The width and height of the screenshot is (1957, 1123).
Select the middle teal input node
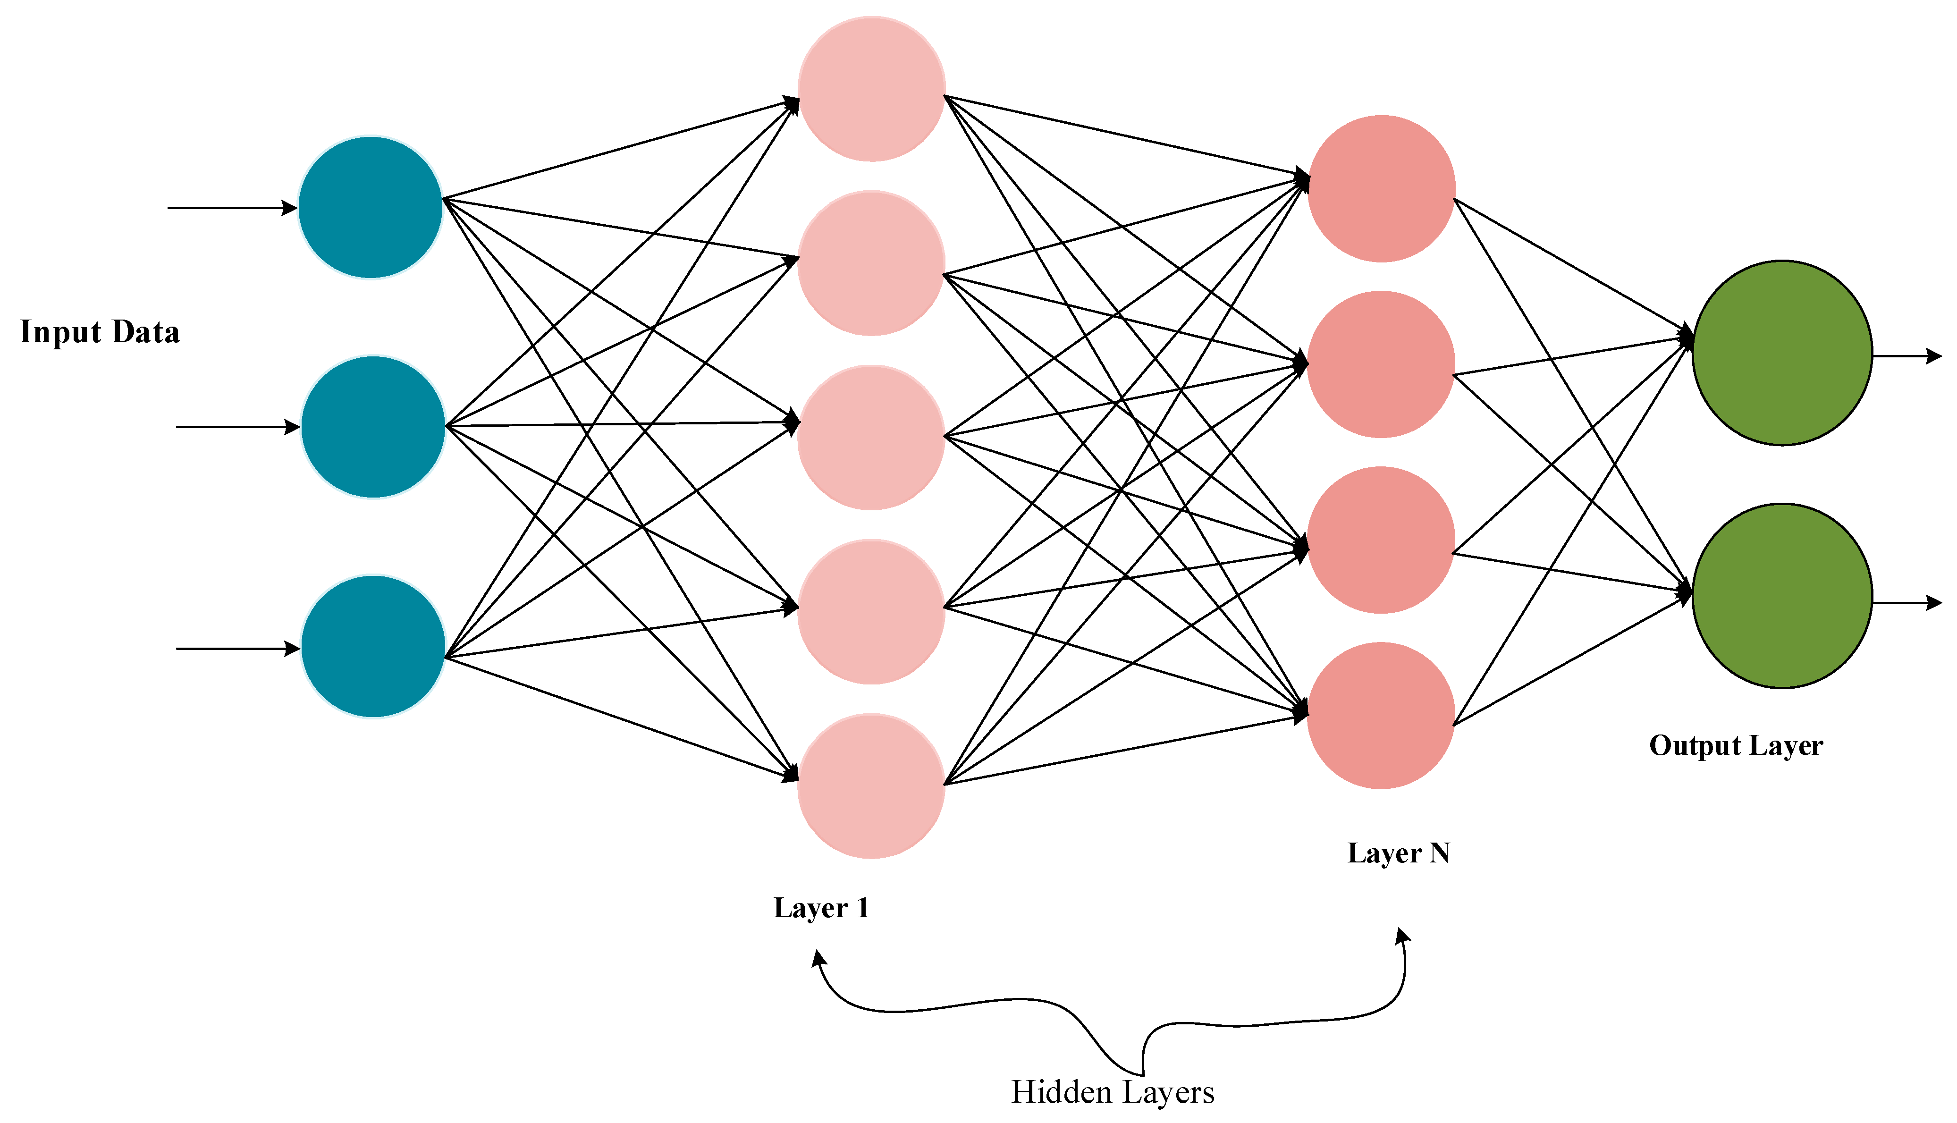point(373,427)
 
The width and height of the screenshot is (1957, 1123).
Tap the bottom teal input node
point(373,646)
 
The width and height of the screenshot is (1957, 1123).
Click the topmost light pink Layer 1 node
point(871,89)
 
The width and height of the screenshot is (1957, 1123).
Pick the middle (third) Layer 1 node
point(871,437)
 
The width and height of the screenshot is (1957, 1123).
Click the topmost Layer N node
point(1381,189)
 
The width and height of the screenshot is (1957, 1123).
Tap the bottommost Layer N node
point(1381,716)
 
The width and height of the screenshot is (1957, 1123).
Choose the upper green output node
point(1782,353)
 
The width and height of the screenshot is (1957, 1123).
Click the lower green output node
point(1782,595)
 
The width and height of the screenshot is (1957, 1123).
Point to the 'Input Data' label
point(100,332)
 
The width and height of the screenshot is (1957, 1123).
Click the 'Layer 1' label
point(821,908)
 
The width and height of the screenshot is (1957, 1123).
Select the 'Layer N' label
point(1398,853)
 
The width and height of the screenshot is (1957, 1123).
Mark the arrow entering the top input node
point(231,208)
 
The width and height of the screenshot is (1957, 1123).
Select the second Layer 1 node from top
point(871,263)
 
